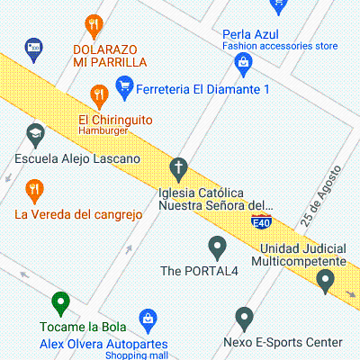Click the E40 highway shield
(261, 220)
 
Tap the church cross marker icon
(179, 167)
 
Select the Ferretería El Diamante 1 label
(203, 89)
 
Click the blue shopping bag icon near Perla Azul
(242, 62)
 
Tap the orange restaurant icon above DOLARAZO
(94, 24)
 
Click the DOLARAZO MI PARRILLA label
(110, 54)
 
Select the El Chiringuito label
(115, 120)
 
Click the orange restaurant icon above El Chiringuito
(99, 93)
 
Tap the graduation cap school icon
(34, 135)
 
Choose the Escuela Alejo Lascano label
(78, 159)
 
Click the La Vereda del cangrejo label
(79, 214)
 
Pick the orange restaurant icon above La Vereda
(34, 189)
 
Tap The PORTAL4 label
(199, 270)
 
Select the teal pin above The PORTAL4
(216, 245)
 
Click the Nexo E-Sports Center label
(283, 342)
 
